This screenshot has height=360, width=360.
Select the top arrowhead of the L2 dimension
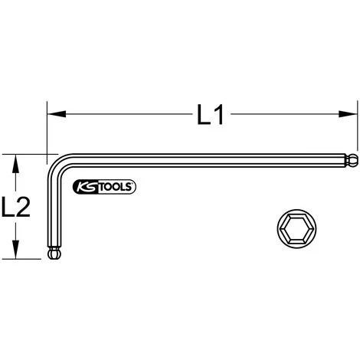click(x=16, y=159)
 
